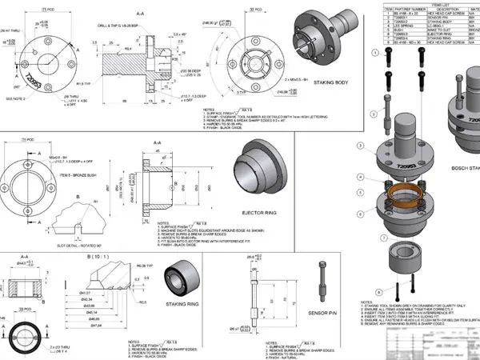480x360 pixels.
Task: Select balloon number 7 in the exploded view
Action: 384,238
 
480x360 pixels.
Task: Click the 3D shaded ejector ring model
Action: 262,170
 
